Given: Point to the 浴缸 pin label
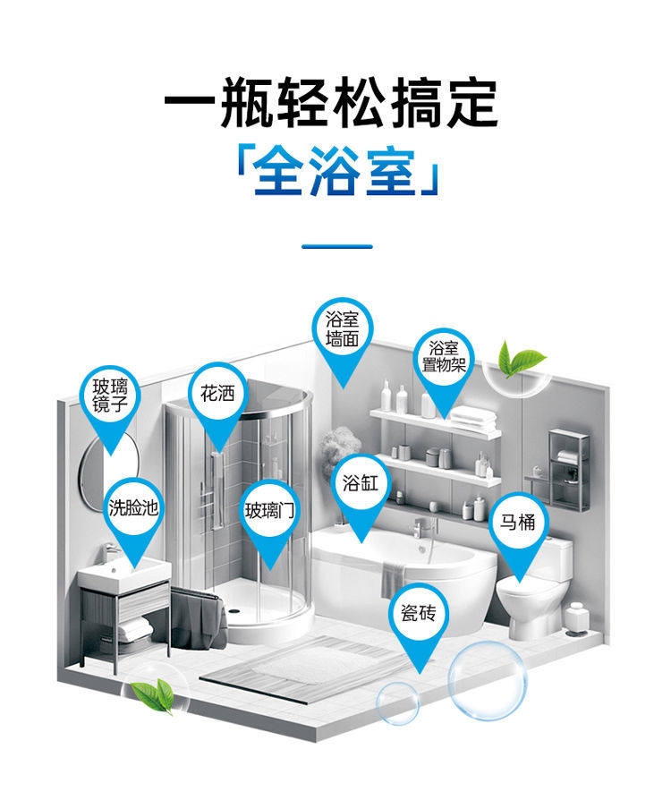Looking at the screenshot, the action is point(361,484).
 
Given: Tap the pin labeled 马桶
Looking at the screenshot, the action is point(517,523).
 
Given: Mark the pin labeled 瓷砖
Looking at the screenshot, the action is point(418,614).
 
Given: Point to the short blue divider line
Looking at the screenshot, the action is point(336,245).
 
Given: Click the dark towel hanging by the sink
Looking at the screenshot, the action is point(196,617).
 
